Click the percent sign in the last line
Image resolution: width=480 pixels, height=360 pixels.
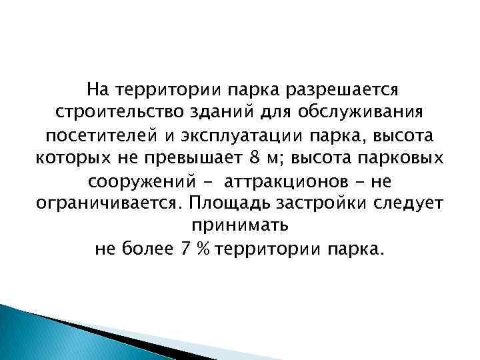click(205, 249)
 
